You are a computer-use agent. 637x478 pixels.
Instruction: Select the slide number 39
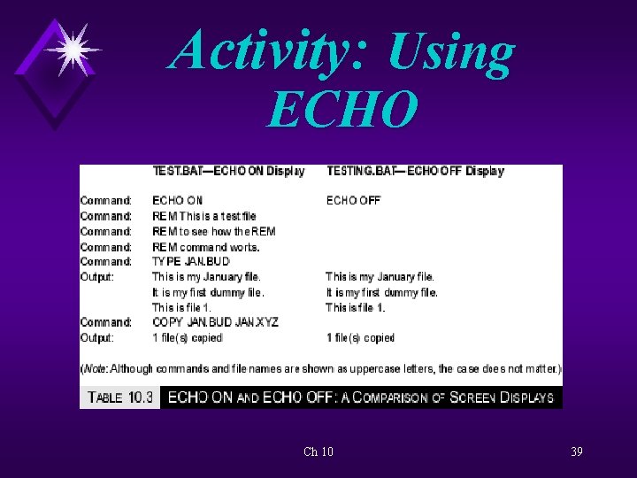[576, 451]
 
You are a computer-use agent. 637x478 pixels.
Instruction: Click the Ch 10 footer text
[318, 451]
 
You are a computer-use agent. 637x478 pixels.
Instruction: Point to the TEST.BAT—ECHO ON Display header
[228, 171]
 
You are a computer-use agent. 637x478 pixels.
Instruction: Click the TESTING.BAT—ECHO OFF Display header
[415, 171]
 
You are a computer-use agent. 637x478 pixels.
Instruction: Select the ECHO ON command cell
[177, 201]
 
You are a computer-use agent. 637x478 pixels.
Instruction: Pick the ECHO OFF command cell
[353, 201]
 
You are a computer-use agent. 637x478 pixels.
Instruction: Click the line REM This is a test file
[203, 216]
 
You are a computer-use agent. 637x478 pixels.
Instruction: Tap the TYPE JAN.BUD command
[190, 262]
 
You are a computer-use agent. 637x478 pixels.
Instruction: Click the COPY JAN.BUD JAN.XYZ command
[215, 322]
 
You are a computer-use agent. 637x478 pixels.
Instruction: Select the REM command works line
[205, 247]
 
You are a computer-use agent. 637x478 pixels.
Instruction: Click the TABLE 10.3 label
[118, 397]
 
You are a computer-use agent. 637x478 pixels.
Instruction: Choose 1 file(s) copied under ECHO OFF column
[360, 337]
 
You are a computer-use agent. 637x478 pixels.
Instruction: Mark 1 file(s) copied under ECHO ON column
[187, 337]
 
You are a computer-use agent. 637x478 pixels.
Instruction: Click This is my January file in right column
[380, 277]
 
